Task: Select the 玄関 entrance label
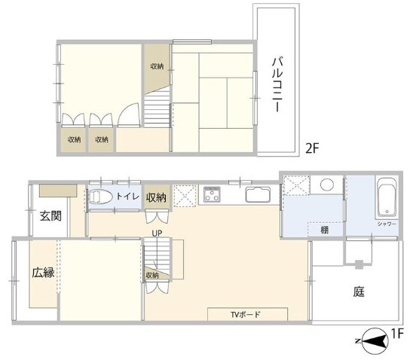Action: click(50, 217)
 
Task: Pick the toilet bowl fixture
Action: click(101, 197)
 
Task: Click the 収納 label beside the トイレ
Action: click(156, 197)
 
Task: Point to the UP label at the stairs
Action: click(157, 233)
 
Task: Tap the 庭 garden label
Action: click(359, 291)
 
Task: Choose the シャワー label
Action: click(386, 223)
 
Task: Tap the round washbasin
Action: click(327, 185)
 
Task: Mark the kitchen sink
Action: click(259, 195)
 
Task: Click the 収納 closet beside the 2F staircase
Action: click(155, 65)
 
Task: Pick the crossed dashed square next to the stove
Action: click(185, 195)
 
